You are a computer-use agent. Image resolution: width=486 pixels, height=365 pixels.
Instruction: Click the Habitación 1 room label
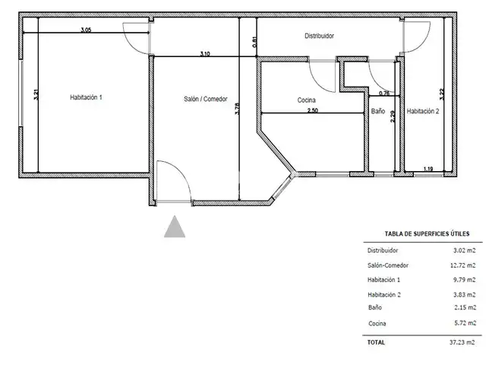(86, 97)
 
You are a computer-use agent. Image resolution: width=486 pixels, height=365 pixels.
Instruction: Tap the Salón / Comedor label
(206, 99)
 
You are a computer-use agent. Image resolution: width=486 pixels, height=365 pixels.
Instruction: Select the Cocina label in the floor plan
(306, 100)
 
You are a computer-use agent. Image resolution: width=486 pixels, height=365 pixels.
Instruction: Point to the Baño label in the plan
(378, 111)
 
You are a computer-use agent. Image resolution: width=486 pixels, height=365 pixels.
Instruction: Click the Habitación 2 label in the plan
(423, 111)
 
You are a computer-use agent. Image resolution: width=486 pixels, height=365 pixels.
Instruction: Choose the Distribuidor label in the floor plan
(319, 36)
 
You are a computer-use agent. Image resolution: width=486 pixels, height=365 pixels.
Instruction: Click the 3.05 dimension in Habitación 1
(86, 30)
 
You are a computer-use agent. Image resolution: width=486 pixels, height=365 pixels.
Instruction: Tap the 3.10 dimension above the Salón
(205, 54)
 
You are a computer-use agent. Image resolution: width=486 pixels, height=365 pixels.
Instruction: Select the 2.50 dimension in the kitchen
(312, 110)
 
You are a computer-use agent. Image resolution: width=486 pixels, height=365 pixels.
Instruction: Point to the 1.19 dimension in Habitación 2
(428, 169)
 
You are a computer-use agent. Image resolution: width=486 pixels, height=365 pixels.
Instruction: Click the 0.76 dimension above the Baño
(384, 93)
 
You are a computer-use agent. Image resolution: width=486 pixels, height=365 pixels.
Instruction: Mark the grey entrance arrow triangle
(175, 227)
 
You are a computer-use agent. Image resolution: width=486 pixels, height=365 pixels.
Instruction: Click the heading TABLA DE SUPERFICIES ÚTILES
(427, 233)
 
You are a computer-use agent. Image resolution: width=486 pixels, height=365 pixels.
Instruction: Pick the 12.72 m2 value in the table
(462, 265)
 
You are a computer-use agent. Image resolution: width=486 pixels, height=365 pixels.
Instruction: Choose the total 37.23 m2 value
(462, 342)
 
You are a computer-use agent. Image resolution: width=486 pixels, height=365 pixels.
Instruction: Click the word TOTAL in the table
(376, 342)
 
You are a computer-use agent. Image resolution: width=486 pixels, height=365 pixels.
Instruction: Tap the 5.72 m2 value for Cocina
(465, 322)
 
